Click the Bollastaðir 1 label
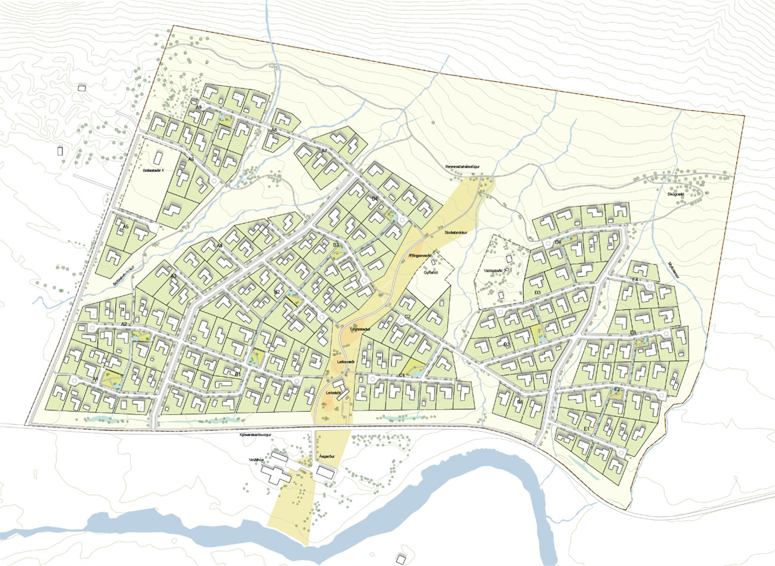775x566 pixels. tap(153, 171)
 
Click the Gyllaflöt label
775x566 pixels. tap(431, 272)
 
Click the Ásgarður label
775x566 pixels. tap(327, 456)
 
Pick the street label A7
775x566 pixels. tap(325, 151)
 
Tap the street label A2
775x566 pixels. tap(124, 324)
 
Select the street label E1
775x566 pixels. tap(587, 429)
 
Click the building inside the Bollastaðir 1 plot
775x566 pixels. tap(159, 159)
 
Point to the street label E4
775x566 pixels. tap(635, 280)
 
